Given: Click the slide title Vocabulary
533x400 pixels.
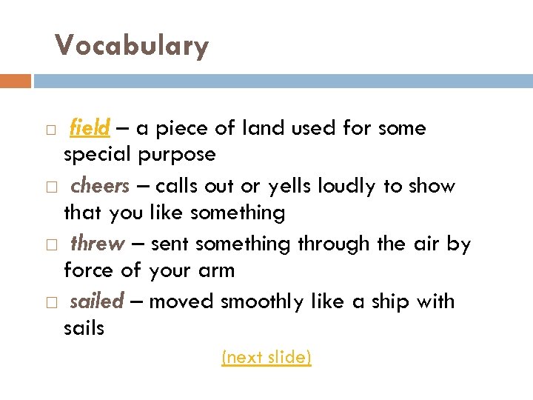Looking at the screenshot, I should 132,46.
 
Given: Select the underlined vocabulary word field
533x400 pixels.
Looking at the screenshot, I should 90,128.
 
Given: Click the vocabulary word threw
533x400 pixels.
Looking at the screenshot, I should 96,244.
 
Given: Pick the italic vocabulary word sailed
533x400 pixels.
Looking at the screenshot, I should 96,301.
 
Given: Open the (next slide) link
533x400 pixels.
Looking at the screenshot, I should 266,358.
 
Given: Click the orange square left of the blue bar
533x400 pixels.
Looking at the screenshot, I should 16,81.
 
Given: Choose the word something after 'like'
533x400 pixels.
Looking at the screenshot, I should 237,213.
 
